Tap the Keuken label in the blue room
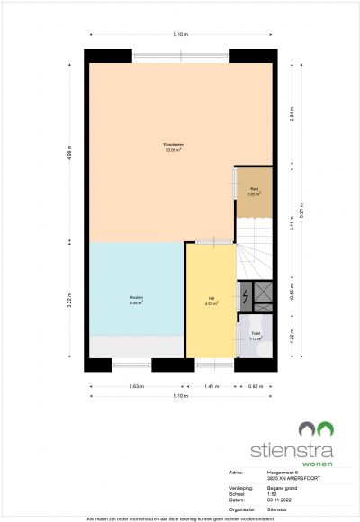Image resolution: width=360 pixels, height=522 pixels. (136, 301)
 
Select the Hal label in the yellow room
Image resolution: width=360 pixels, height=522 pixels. (211, 301)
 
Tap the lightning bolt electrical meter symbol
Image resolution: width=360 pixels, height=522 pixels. (246, 293)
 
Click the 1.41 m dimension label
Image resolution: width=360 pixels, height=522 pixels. (211, 385)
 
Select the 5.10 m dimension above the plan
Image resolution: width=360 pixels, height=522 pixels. (181, 34)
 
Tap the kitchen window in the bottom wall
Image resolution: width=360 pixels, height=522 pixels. (131, 364)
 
